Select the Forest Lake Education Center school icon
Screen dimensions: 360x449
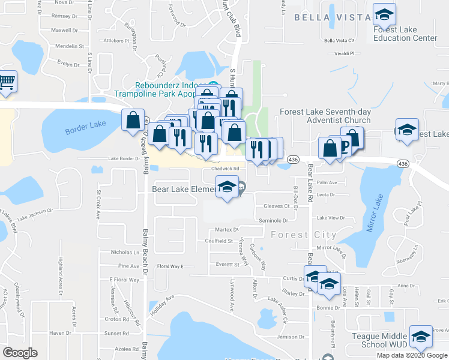click(384, 14)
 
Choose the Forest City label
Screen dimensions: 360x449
click(304, 235)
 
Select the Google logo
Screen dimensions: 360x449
click(20, 352)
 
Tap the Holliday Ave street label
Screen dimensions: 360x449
click(161, 305)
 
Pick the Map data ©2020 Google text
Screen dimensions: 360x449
click(412, 355)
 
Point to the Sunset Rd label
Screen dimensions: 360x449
click(117, 334)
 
